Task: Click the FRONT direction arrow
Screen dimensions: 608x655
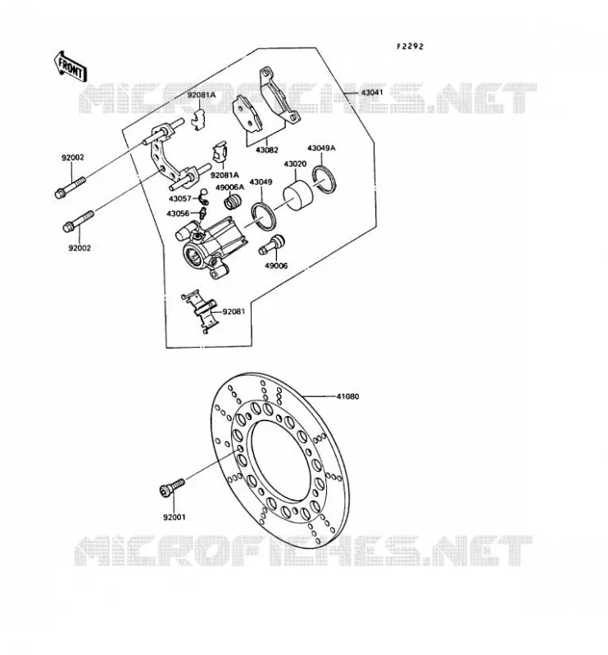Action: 70,66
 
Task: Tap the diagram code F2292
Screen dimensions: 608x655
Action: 410,47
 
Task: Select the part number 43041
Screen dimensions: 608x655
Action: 372,93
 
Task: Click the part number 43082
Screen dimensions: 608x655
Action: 267,150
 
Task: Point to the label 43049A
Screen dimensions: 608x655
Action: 321,148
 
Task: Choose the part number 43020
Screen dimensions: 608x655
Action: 295,165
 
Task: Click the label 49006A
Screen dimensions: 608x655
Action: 229,187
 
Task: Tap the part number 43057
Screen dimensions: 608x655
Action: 179,199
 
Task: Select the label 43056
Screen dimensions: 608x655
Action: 178,214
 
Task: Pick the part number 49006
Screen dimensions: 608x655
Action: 276,265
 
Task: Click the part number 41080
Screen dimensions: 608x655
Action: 348,396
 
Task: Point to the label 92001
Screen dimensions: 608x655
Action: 175,517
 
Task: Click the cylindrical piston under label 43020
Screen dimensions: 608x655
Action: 298,193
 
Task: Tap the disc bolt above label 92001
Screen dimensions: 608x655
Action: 172,487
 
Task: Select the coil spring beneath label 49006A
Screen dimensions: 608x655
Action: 234,201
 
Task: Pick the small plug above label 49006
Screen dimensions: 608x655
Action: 271,245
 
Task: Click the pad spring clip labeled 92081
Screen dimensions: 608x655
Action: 199,311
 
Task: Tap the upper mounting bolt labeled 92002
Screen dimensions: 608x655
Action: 70,187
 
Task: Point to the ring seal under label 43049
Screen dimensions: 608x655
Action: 263,216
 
